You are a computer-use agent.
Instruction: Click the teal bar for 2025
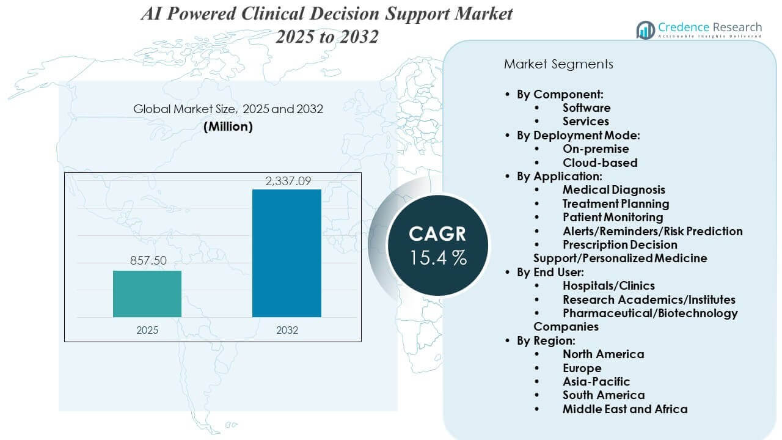click(147, 293)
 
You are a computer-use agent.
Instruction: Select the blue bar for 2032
click(287, 253)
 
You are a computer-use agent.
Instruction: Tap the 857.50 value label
click(147, 260)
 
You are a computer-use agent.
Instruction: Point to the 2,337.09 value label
click(287, 180)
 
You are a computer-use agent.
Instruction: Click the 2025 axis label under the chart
click(147, 330)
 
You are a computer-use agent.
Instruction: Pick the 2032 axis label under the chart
click(287, 330)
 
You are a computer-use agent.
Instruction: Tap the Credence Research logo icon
click(645, 29)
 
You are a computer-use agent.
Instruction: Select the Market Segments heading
click(558, 64)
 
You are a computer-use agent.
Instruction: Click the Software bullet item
click(586, 108)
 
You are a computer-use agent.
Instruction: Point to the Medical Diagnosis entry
click(613, 190)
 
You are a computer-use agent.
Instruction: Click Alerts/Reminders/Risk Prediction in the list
click(652, 231)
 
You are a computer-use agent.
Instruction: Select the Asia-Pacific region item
click(596, 381)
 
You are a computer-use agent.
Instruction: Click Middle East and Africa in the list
click(624, 409)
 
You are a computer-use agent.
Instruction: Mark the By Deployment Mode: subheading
click(578, 135)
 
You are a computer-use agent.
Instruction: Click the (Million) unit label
click(228, 127)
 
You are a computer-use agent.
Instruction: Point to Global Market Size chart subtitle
click(228, 109)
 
